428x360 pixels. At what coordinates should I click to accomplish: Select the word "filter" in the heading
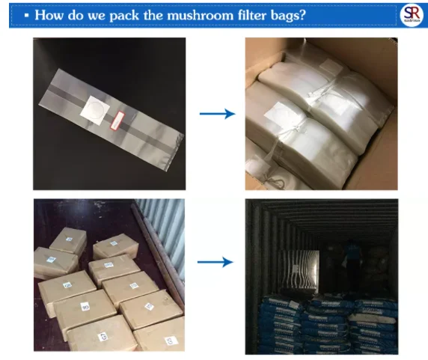pos(231,15)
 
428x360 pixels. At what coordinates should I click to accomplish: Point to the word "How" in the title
pos(49,15)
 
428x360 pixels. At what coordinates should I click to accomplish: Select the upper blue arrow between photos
pos(217,113)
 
